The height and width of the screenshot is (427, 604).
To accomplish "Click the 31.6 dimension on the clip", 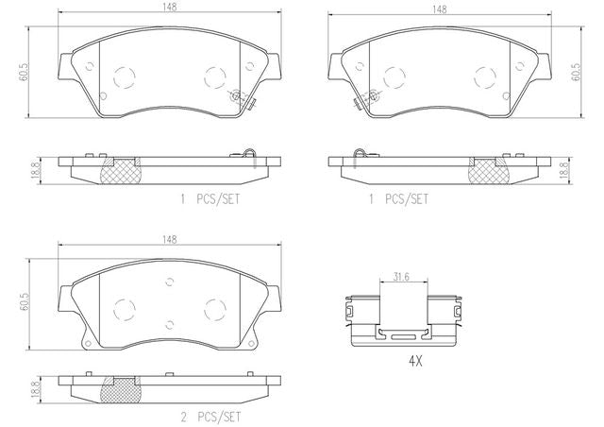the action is (x=401, y=277).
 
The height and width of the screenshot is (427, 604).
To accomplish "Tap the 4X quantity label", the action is (x=415, y=362).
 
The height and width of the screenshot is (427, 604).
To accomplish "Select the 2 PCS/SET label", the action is (x=210, y=417).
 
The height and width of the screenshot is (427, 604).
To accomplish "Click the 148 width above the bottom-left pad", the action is (x=169, y=240).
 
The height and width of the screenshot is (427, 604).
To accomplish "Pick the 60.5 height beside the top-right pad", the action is (x=577, y=72).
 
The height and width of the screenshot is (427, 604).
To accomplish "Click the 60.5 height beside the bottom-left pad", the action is (x=25, y=302).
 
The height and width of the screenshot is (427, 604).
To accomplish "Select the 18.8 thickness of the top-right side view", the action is (x=565, y=170).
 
